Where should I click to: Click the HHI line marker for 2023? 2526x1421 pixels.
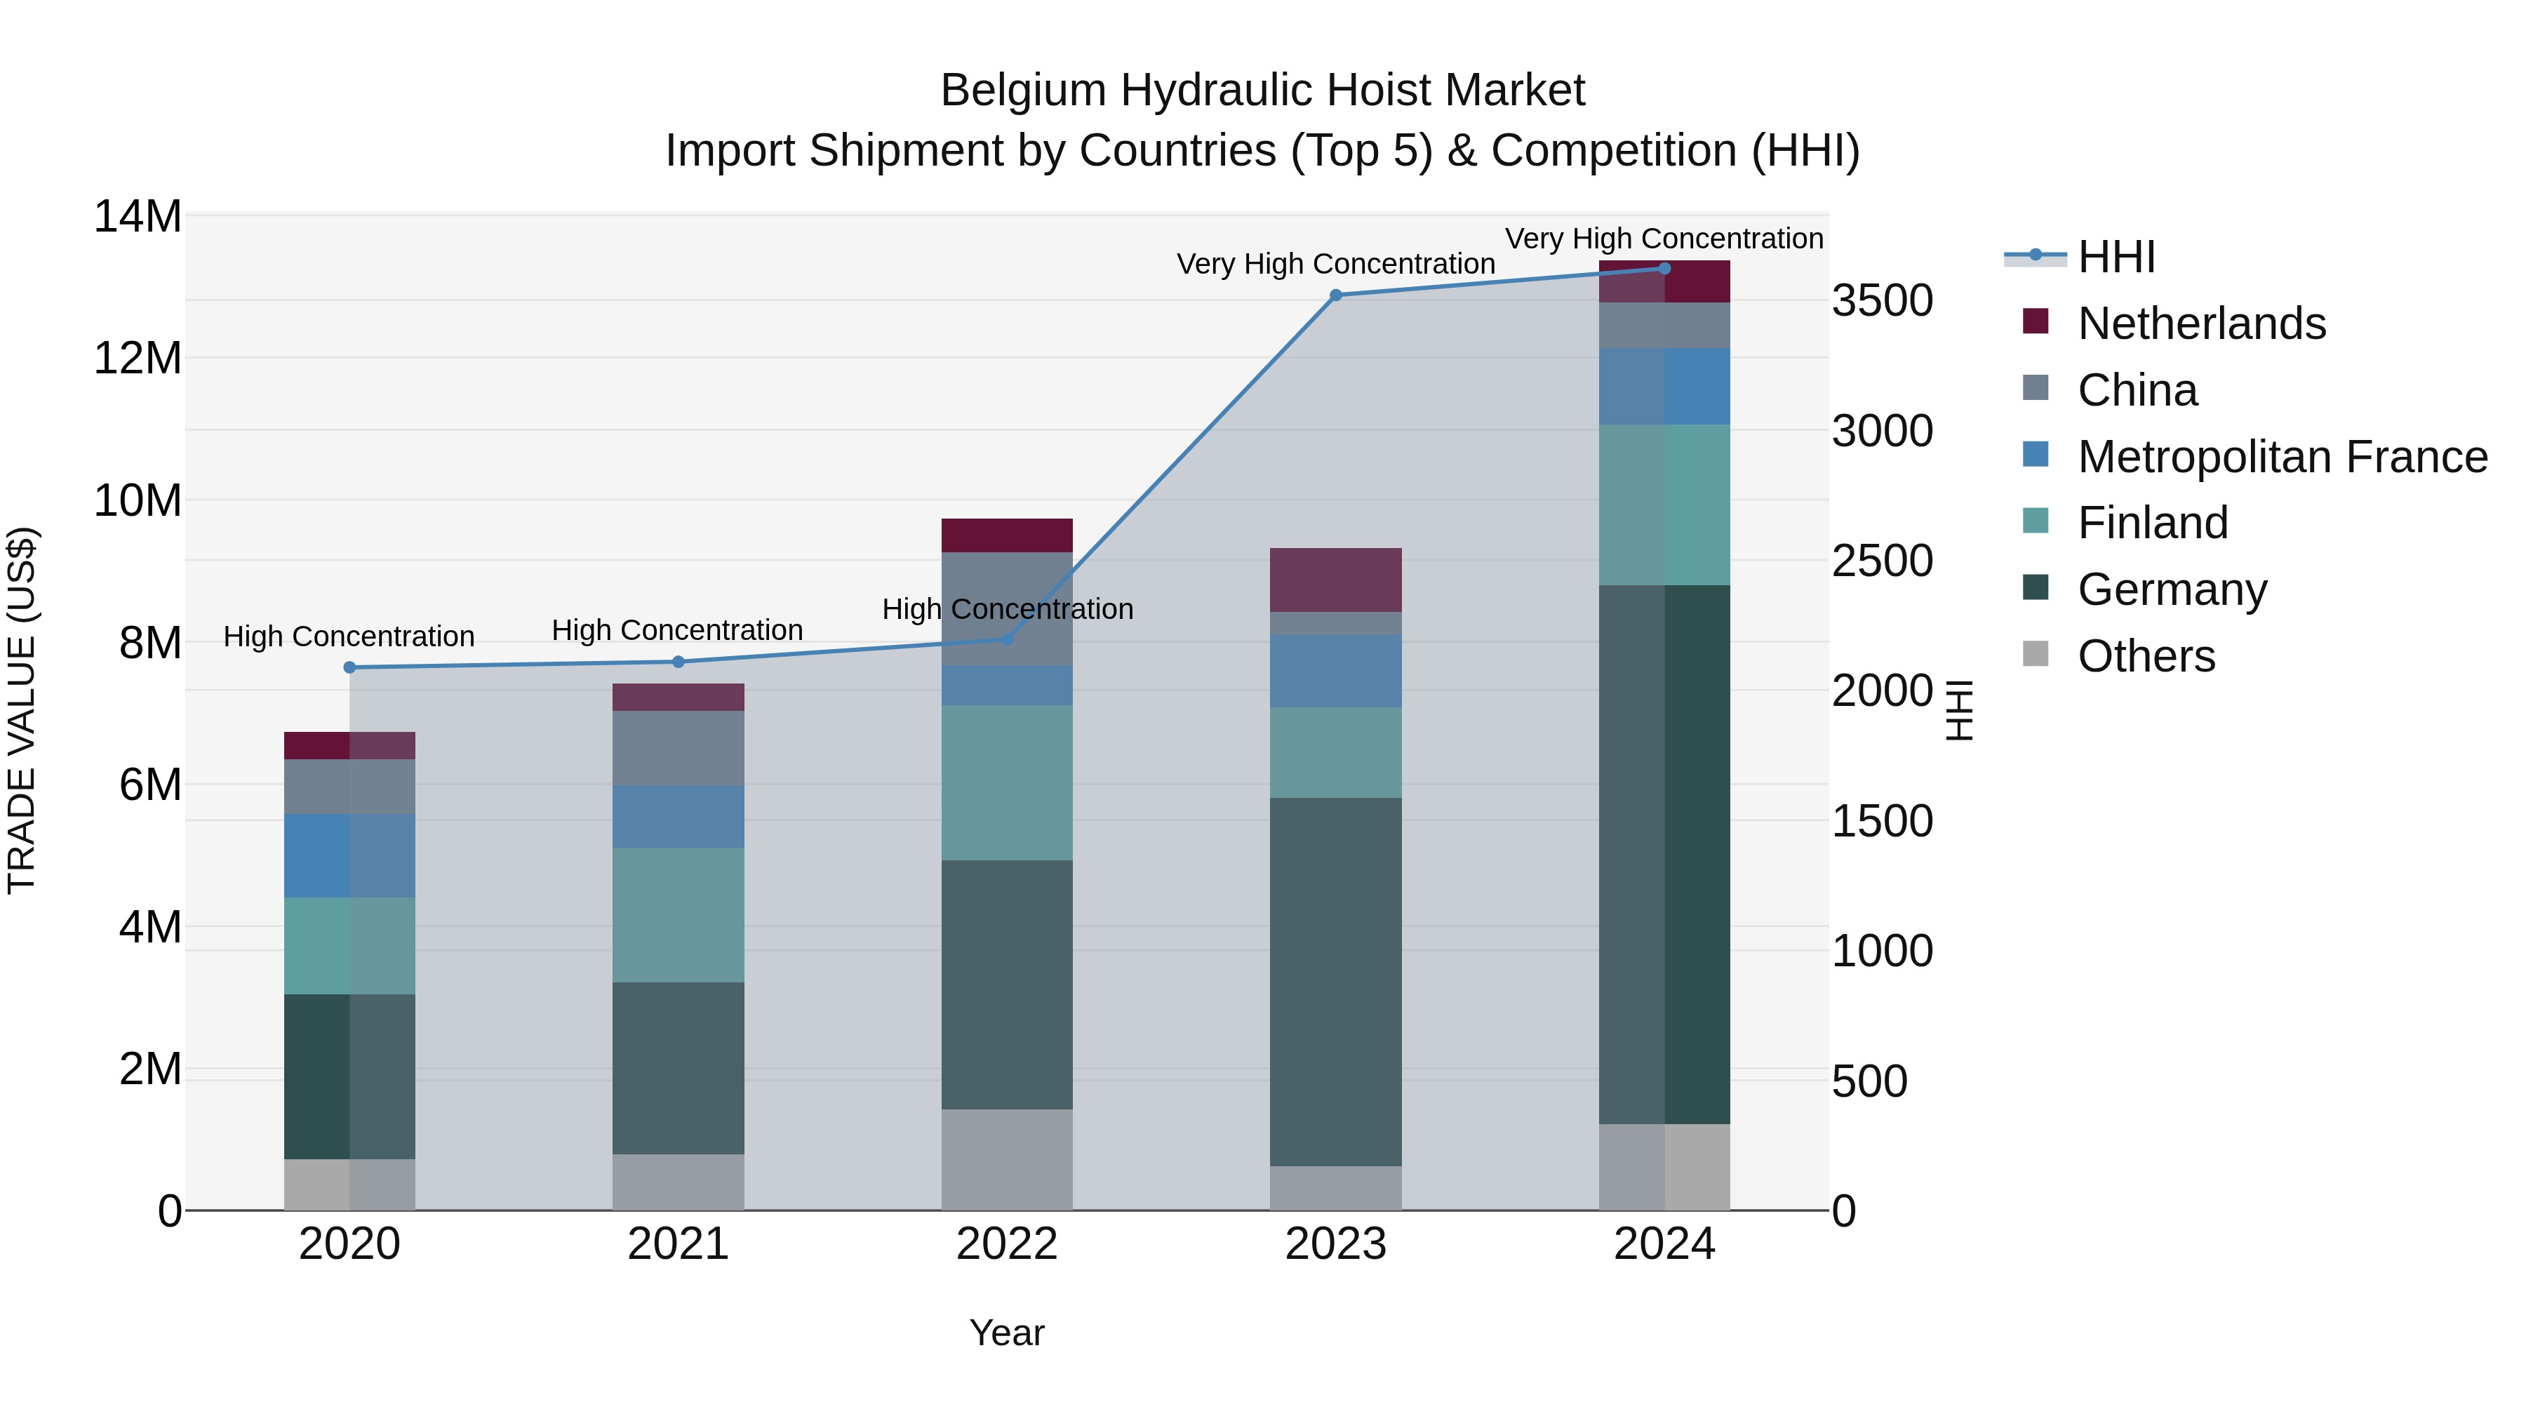[x=1335, y=295]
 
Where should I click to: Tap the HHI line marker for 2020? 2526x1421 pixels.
[x=350, y=668]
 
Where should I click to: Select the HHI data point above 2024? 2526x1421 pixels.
[x=1664, y=269]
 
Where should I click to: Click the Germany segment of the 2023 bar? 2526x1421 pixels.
[x=1335, y=981]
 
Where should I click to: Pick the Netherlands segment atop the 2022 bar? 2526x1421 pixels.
[x=1007, y=535]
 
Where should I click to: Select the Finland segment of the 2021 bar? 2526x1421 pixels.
[x=679, y=915]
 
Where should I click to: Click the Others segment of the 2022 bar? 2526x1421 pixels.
[x=1007, y=1159]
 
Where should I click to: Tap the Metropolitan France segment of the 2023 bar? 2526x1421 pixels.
[x=1335, y=672]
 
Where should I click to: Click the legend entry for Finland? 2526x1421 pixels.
[x=2153, y=523]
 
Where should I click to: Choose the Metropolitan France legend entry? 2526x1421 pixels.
[x=2282, y=457]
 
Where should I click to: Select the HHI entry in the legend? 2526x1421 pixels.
[x=2116, y=257]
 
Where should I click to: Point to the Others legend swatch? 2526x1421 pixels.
[x=2036, y=654]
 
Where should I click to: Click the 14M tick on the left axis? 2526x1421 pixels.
[x=138, y=217]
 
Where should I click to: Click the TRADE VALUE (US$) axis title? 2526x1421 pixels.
[x=22, y=710]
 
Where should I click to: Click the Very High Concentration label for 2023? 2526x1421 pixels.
[x=1335, y=264]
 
